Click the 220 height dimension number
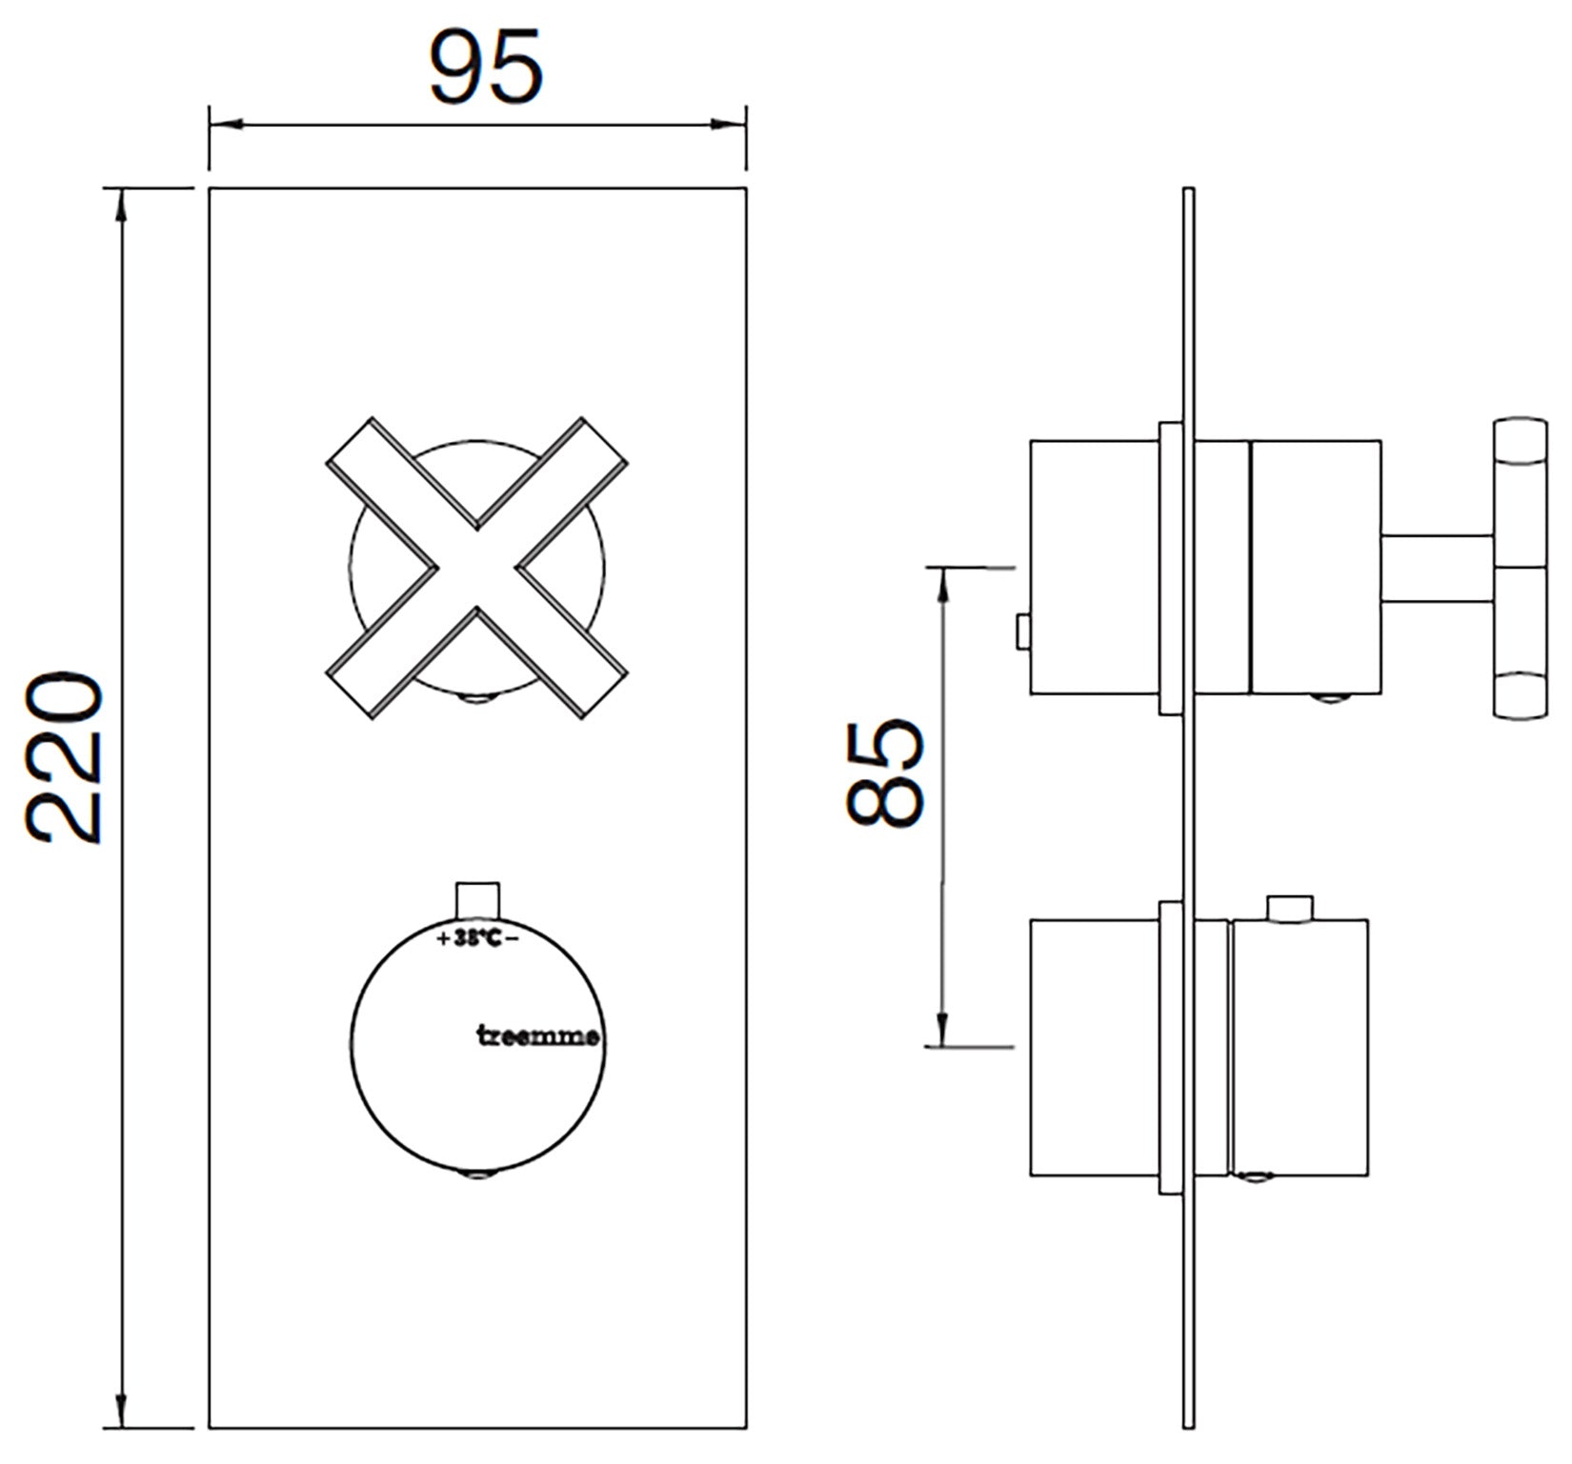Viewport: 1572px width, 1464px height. click(x=64, y=759)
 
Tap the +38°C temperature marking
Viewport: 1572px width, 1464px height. click(x=477, y=938)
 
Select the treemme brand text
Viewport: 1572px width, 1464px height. click(x=538, y=1036)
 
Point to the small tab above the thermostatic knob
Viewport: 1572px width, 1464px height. click(x=477, y=899)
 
